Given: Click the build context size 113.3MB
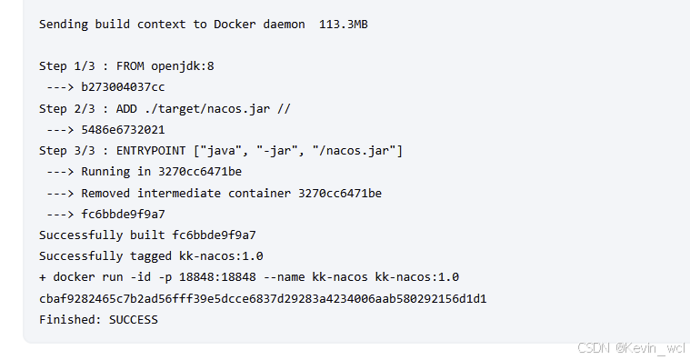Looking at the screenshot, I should pyautogui.click(x=344, y=24).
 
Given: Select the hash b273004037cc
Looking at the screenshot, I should pyautogui.click(x=123, y=87).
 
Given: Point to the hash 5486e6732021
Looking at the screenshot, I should pyautogui.click(x=123, y=129).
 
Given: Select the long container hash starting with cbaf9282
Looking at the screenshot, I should pyautogui.click(x=263, y=298).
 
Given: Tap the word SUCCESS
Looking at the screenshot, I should pyautogui.click(x=134, y=319).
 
